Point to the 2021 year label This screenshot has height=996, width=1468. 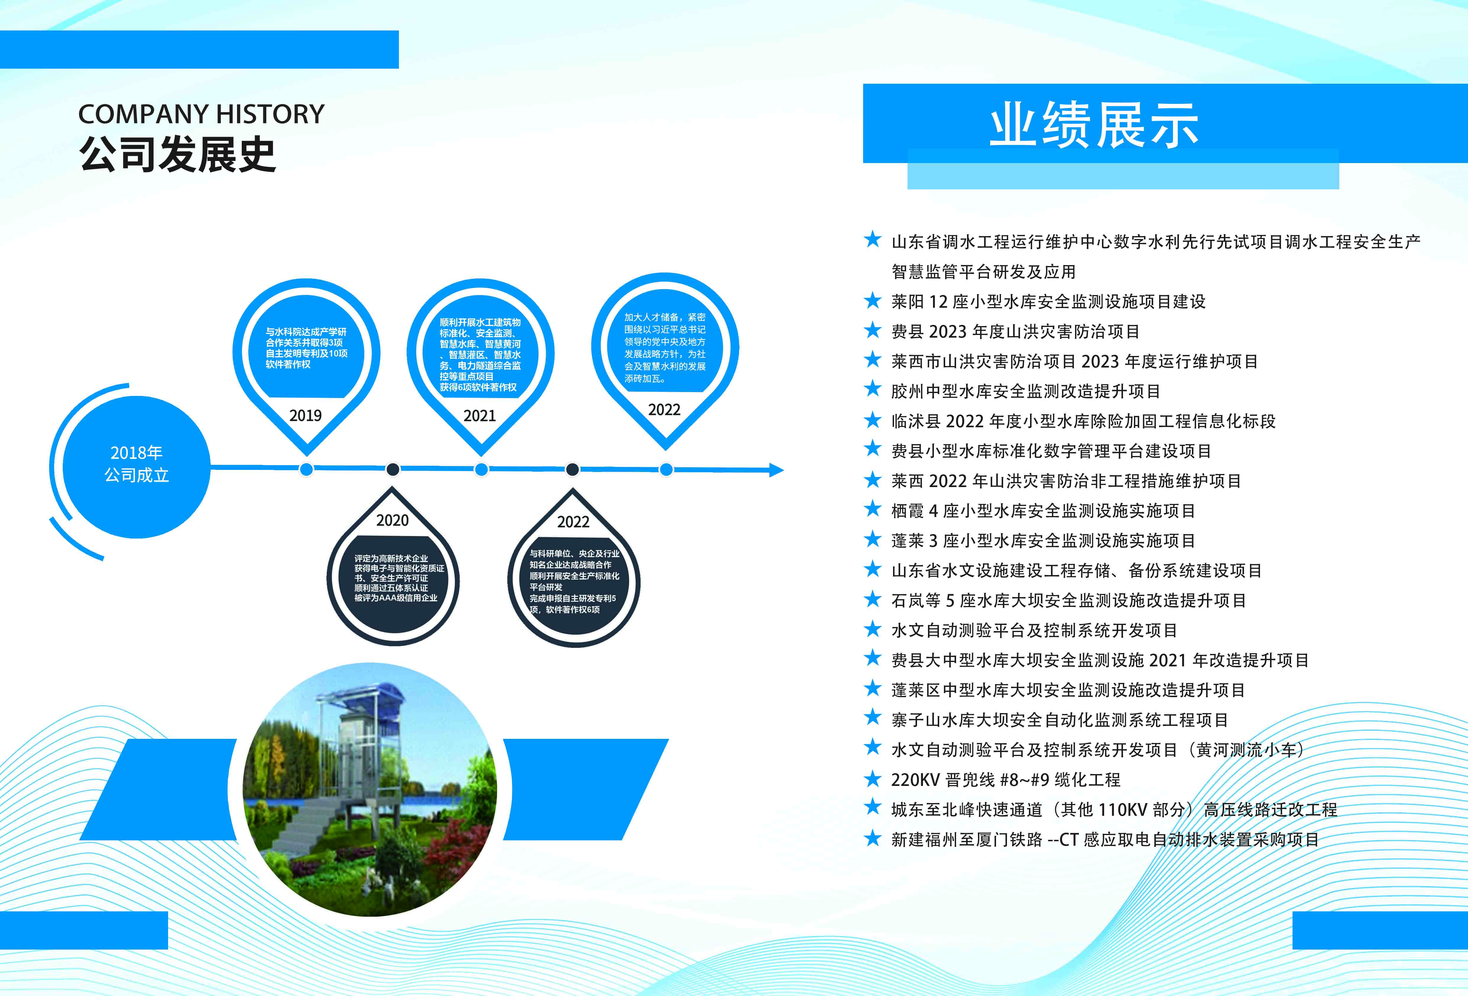(x=479, y=415)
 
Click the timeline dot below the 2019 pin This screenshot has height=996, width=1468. (x=306, y=469)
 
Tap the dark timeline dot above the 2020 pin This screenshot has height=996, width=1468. (x=392, y=469)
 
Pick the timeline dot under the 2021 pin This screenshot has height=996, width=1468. (x=481, y=469)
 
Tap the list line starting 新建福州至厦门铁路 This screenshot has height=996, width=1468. (x=1105, y=839)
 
